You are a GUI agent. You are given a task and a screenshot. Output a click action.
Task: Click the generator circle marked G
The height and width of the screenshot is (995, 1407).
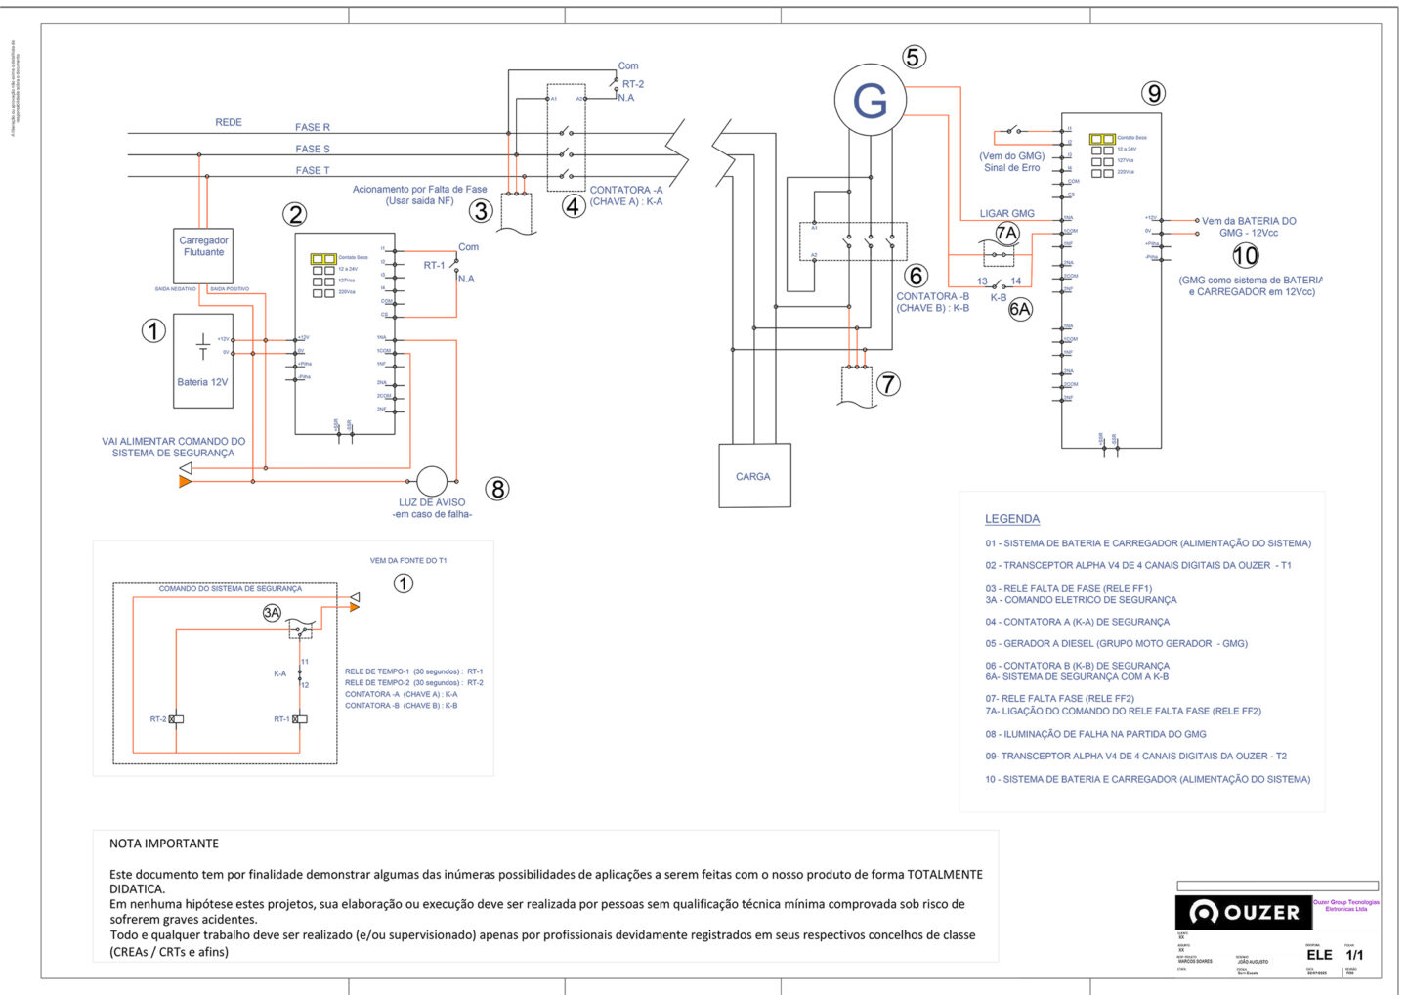pos(870,100)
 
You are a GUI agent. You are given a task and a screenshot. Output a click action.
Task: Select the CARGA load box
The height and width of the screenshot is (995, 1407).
pos(753,476)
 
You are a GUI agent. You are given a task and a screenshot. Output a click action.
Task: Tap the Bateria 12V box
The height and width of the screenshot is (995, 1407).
pos(203,360)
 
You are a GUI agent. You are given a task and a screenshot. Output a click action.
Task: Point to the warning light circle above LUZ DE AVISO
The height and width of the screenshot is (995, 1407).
pos(432,481)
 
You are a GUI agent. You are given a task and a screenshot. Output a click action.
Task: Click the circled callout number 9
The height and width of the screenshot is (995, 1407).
pos(1154,93)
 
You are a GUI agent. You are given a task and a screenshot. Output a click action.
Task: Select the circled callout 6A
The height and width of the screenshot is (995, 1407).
pos(1020,310)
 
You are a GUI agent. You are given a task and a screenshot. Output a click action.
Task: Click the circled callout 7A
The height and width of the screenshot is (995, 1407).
pos(1006,233)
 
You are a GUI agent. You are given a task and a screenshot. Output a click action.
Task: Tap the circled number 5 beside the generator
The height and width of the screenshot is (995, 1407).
pos(914,57)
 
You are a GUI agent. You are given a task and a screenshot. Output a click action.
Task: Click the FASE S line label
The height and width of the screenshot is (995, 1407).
pos(313,149)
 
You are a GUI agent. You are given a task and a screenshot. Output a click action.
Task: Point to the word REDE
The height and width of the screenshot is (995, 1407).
pos(229,122)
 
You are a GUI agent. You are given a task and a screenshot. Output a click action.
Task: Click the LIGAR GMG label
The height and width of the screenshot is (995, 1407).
pos(1006,213)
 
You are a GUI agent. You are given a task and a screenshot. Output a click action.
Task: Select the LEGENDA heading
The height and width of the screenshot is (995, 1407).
pos(1011,519)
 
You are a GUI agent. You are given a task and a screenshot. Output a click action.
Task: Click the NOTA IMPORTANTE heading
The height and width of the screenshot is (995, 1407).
pos(164,844)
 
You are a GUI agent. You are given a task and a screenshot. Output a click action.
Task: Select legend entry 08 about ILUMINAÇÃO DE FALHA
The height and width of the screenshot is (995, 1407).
pos(1095,734)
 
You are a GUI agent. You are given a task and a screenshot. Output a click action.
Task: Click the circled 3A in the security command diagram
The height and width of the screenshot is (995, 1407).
pos(272,613)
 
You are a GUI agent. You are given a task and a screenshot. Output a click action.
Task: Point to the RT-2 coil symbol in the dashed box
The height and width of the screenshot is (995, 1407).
pos(176,719)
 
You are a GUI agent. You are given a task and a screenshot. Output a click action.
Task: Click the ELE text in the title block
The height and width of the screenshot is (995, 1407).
pos(1319,954)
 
